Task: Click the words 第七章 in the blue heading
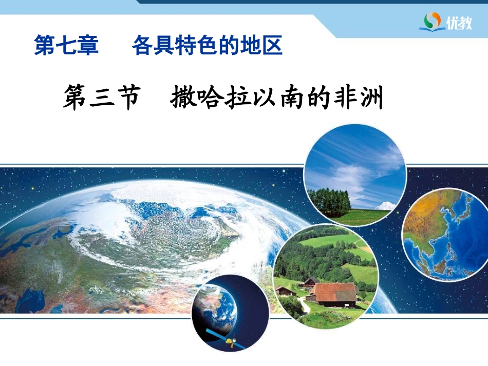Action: [66, 45]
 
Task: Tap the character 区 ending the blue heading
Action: [271, 45]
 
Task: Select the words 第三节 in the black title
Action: [102, 97]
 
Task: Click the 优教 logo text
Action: [459, 23]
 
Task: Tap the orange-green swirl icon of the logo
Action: [433, 21]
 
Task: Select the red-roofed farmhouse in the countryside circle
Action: [334, 294]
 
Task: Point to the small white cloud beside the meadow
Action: [386, 206]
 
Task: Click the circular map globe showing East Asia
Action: [444, 235]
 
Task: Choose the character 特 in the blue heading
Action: [186, 45]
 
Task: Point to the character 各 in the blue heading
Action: [143, 45]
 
